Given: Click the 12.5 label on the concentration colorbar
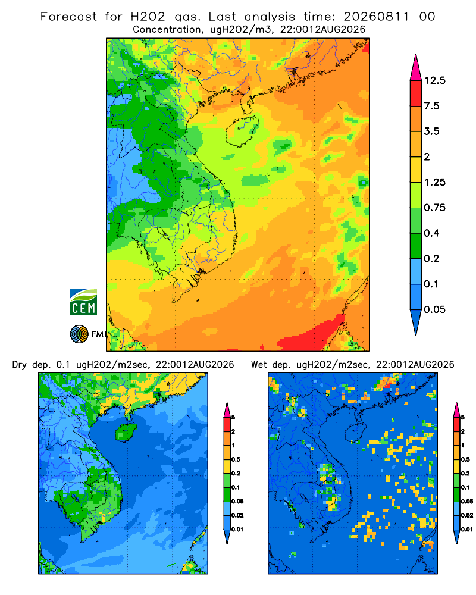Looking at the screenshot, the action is (434, 80).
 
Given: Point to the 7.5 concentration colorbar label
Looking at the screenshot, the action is (431, 106).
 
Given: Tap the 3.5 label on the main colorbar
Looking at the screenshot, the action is (431, 131).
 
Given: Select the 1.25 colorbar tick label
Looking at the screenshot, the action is (434, 182).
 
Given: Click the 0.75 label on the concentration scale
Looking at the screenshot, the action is (434, 208).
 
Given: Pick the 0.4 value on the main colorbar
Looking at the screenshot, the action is (431, 233).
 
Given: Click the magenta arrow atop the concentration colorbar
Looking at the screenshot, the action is (416, 67).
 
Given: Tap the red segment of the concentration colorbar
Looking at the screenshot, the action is (416, 93).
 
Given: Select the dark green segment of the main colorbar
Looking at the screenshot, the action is (416, 246).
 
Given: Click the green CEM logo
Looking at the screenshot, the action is (83, 302).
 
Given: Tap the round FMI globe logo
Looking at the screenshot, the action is (79, 334).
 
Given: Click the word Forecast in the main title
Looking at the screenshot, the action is (68, 17).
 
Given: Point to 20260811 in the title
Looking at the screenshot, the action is (377, 17).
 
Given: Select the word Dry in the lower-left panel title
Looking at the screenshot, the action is (20, 365).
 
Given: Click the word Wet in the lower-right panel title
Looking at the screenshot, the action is (259, 365).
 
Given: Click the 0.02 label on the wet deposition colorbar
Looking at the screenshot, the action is (467, 515).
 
